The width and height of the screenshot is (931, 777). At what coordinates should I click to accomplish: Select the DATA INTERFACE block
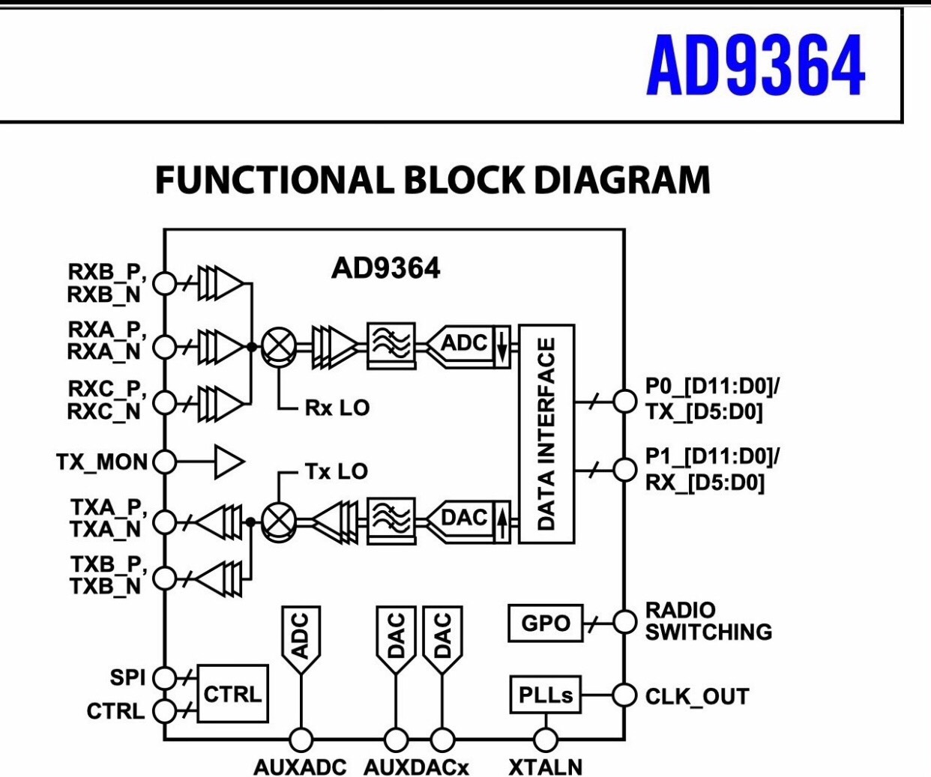click(x=546, y=434)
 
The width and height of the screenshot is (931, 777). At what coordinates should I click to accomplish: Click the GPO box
click(x=545, y=623)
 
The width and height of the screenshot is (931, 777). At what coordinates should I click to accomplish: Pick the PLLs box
click(x=545, y=695)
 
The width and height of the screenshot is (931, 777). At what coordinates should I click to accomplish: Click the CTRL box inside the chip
click(x=232, y=694)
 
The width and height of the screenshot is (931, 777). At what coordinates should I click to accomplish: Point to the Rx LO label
click(x=337, y=408)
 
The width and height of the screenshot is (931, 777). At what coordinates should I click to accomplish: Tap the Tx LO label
click(x=337, y=471)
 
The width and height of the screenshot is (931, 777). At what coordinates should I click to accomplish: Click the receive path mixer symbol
click(x=279, y=347)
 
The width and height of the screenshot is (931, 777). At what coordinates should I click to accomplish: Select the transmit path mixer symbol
click(x=279, y=521)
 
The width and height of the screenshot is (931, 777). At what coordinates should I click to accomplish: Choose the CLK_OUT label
click(x=696, y=697)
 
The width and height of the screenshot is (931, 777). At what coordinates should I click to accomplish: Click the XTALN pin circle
click(x=546, y=740)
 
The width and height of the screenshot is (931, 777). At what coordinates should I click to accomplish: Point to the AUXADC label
click(x=300, y=767)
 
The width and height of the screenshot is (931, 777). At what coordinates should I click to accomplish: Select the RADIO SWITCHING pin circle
click(x=624, y=621)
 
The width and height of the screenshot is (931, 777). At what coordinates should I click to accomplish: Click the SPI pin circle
click(x=164, y=677)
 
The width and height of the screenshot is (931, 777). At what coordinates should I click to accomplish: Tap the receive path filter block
click(x=391, y=345)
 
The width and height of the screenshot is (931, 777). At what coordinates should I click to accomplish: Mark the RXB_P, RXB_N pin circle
click(x=164, y=283)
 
